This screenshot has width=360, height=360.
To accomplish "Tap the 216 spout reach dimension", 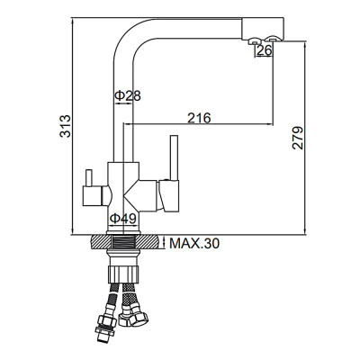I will point(200,117).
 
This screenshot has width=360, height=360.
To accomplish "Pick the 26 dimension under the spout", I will point(264,51).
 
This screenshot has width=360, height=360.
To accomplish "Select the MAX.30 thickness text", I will point(193,243).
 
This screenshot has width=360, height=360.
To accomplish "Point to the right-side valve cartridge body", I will point(164,191).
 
